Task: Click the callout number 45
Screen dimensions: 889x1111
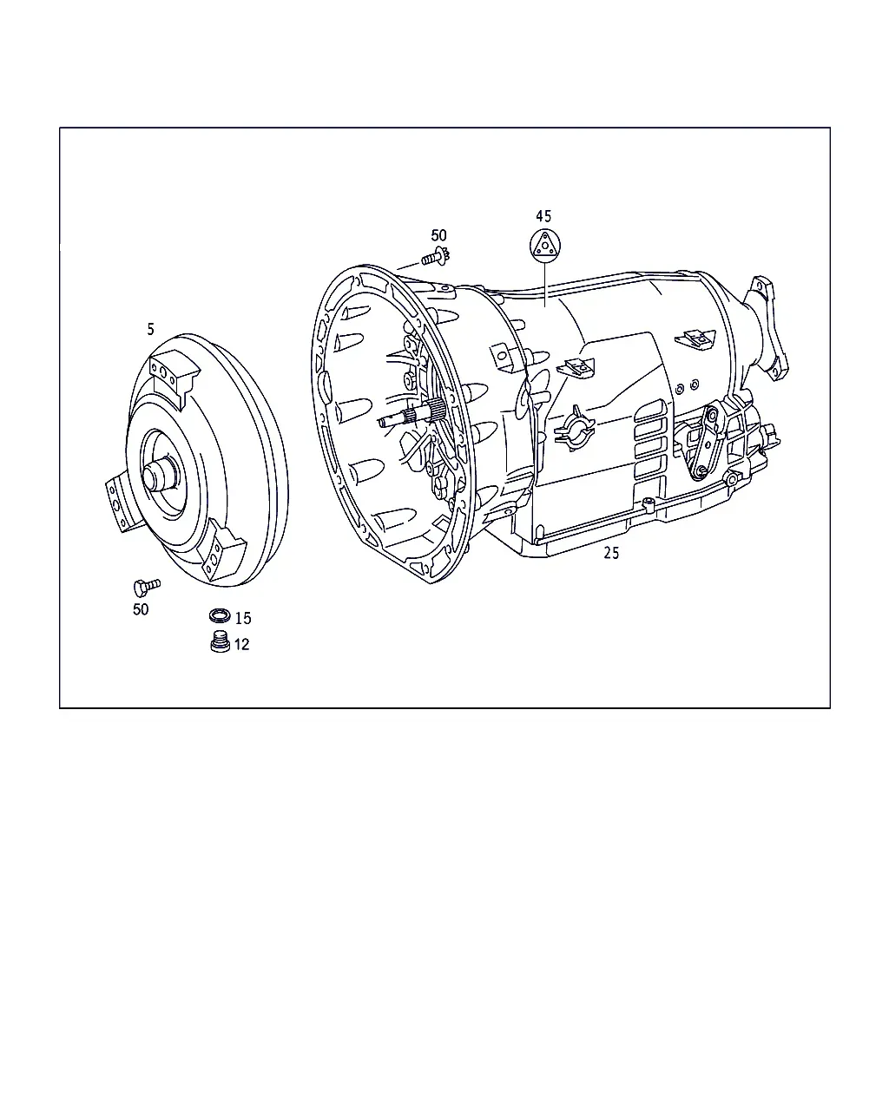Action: [543, 216]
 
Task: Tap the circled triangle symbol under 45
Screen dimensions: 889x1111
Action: [545, 245]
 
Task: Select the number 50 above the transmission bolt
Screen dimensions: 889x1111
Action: [438, 235]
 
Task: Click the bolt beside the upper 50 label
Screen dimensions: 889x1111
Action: [435, 257]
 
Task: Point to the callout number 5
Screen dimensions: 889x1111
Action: [150, 329]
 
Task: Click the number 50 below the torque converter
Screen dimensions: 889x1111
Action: [141, 609]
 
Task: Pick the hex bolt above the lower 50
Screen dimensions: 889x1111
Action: [147, 587]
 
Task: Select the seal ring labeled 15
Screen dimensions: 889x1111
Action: [220, 615]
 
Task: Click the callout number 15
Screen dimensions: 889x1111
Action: [243, 618]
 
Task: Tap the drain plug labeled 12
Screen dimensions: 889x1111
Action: [221, 641]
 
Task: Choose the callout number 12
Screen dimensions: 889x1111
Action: [241, 644]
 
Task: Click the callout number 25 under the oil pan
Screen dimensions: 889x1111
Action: [611, 553]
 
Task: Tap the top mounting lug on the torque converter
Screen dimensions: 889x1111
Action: [175, 376]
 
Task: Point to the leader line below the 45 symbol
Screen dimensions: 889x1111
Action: [545, 284]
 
